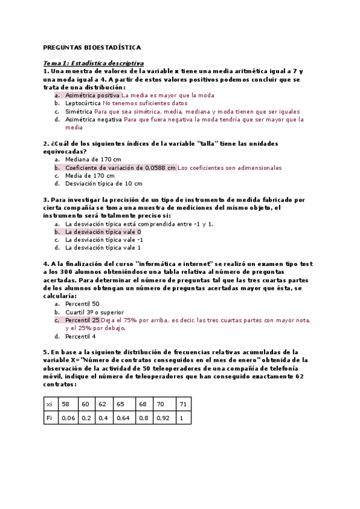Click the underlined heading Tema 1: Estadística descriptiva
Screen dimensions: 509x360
pyautogui.click(x=94, y=62)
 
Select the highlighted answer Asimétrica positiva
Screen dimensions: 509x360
pyautogui.click(x=92, y=95)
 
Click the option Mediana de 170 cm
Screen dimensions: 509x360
pyautogui.click(x=93, y=160)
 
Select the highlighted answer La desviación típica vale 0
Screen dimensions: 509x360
pyautogui.click(x=103, y=231)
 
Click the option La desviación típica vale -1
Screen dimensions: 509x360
pyautogui.click(x=104, y=239)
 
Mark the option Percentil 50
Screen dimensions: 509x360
pyautogui.click(x=83, y=304)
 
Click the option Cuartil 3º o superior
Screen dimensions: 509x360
pyautogui.click(x=95, y=312)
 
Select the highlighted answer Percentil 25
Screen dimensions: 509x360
pyautogui.click(x=83, y=321)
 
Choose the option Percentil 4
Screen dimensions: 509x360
pyautogui.click(x=81, y=336)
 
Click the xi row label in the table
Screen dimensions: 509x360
pyautogui.click(x=49, y=405)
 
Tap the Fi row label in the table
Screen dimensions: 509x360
pyautogui.click(x=49, y=418)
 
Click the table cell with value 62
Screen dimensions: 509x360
pyautogui.click(x=103, y=405)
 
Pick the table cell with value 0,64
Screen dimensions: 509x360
pyautogui.click(x=123, y=418)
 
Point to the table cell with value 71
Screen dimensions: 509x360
pyautogui.click(x=183, y=405)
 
